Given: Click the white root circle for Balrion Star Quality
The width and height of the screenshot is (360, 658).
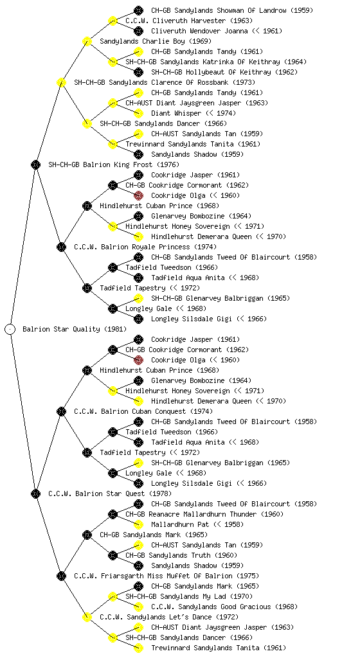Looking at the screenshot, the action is point(10,329).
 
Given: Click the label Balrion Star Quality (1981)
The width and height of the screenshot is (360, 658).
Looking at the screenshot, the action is point(75,329).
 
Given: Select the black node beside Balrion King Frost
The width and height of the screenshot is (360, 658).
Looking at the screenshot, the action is point(35,164).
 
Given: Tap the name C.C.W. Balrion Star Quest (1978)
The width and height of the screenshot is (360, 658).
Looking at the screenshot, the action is point(110,493).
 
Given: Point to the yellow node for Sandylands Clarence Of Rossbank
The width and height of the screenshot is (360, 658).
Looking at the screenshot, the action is point(61,82).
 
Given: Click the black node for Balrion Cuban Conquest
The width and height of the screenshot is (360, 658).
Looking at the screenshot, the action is point(61,411).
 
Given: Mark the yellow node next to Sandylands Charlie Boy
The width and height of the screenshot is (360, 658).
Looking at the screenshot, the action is point(87,41).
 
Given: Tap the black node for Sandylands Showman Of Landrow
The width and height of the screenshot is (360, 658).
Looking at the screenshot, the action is point(138,10).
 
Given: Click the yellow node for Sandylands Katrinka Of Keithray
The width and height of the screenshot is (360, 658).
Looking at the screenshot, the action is point(113,62).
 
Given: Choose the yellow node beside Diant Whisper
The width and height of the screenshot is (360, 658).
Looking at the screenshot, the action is point(138,113).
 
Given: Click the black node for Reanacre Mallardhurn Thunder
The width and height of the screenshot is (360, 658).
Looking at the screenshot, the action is point(113,514).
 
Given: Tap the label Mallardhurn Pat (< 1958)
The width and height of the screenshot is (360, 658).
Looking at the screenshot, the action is point(197,524).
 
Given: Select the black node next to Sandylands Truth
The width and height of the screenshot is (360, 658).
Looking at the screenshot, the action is point(113,555).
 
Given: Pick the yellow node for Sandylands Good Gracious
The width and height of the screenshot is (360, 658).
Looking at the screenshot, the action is point(138,607).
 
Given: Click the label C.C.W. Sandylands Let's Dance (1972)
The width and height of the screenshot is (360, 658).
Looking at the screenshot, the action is point(169,617).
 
